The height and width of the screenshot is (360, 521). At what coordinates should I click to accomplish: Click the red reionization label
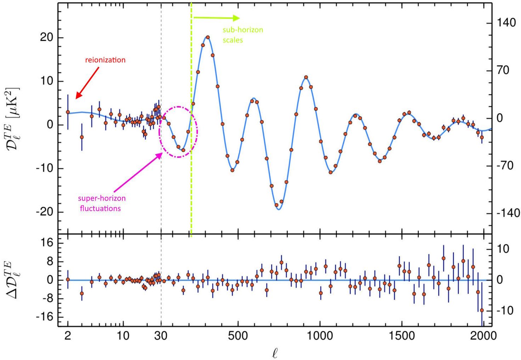pos(105,60)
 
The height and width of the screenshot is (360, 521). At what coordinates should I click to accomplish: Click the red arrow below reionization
pos(88,82)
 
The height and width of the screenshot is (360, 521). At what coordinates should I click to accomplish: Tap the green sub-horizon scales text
pos(243,35)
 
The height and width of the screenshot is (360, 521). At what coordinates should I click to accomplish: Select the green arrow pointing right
pos(216,18)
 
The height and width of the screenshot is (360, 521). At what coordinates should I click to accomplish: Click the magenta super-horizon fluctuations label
pos(101,203)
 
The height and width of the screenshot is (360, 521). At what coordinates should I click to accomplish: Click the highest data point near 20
pos(208,37)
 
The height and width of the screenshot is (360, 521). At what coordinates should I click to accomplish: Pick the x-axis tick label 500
pos(238,336)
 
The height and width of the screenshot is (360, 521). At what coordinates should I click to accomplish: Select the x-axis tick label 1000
pos(320,336)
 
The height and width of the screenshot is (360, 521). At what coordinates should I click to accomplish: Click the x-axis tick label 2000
pos(483,336)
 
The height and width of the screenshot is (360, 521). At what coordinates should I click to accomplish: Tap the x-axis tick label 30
pos(161,336)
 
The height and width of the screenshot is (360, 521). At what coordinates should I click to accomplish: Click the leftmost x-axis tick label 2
pos(68,336)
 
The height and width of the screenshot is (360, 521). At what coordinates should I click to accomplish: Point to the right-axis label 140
pos(506,23)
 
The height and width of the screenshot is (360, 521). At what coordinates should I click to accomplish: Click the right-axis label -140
pos(508,213)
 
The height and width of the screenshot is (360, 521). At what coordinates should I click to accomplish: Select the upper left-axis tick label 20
pos(46,38)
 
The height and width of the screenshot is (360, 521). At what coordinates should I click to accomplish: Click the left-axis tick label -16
pos(44,317)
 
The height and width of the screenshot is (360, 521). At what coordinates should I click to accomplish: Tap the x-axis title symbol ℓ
pos(275,353)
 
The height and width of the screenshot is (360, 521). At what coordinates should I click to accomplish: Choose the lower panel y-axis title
pos(13,279)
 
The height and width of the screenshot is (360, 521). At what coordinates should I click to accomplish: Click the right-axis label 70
pos(503,70)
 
